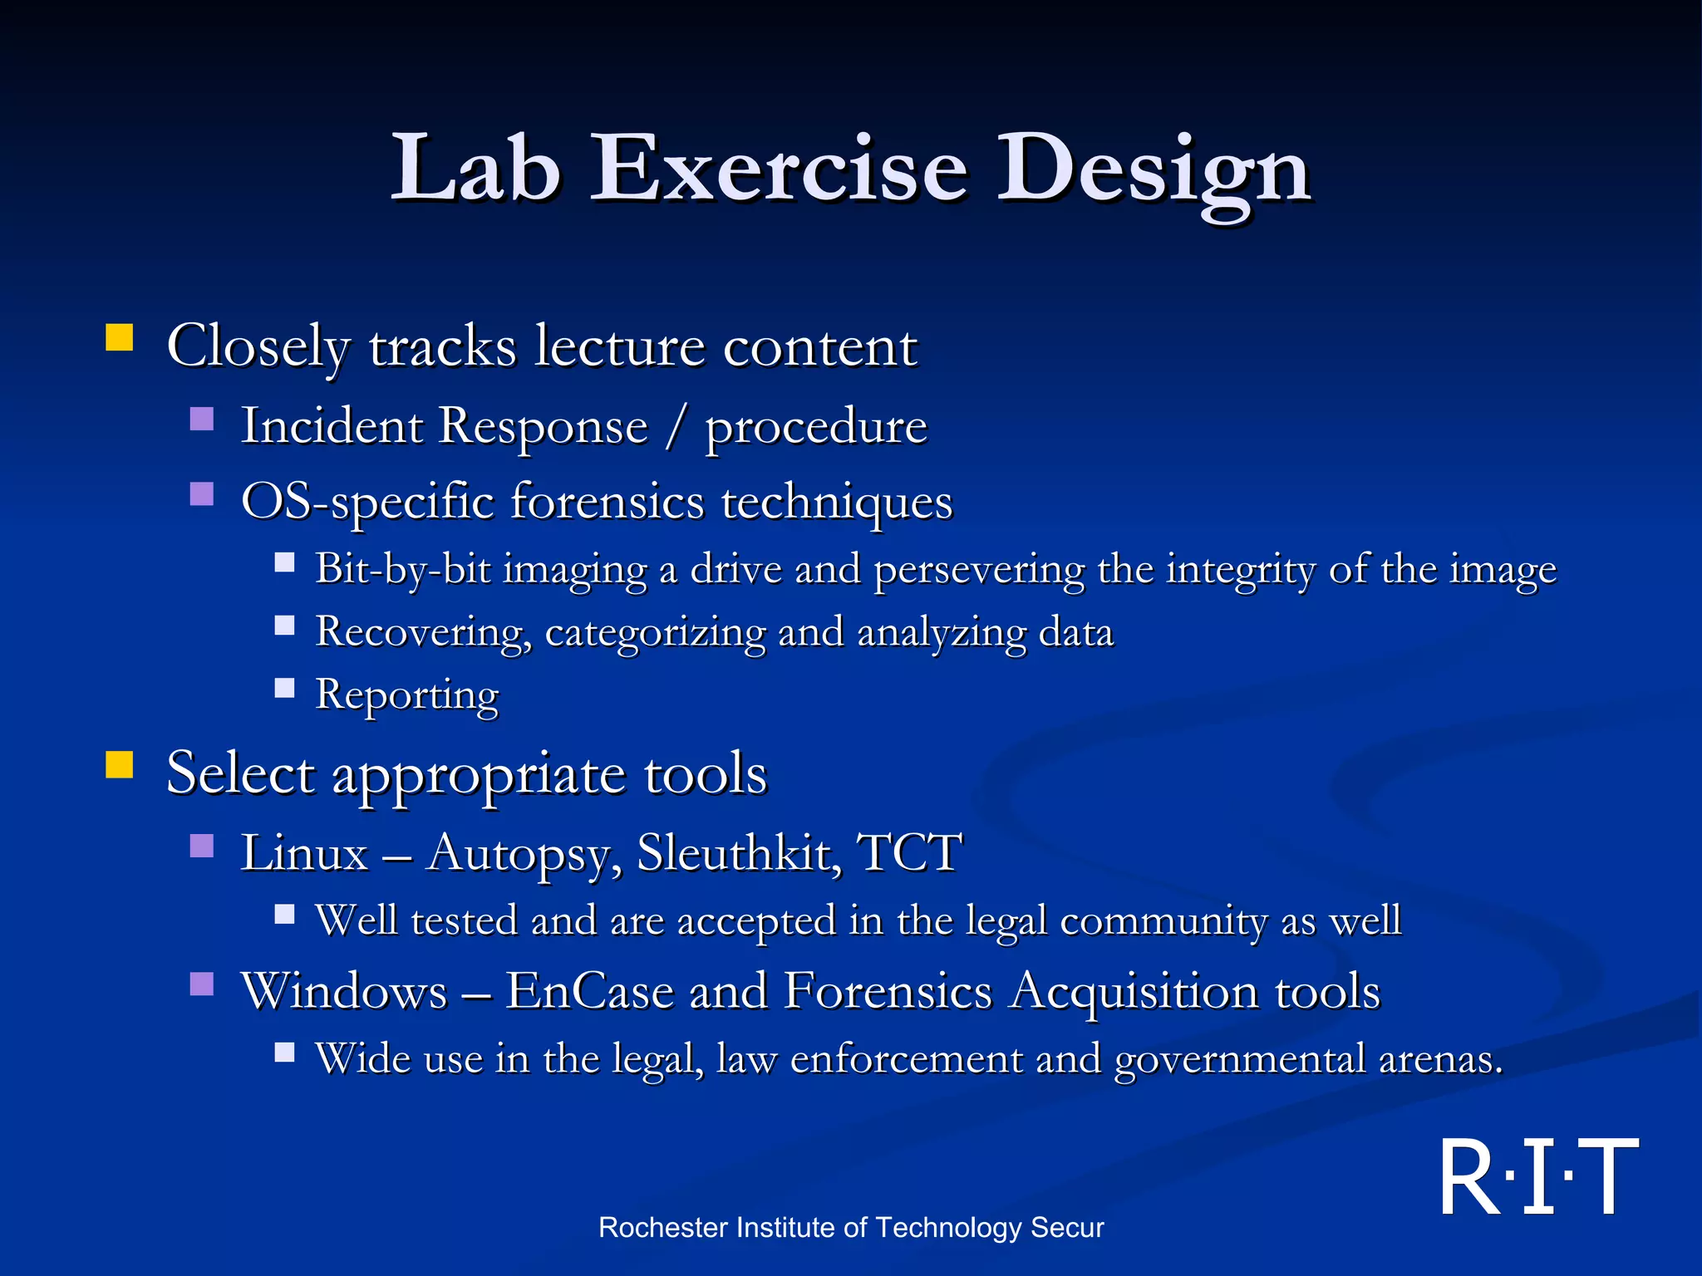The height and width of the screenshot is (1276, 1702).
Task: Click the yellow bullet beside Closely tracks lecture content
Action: point(120,339)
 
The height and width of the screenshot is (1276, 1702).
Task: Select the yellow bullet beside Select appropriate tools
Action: point(120,765)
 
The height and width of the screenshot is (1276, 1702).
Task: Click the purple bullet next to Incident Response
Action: point(202,419)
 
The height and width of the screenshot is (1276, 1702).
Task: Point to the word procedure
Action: point(815,427)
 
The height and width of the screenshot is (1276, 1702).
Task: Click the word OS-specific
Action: point(366,502)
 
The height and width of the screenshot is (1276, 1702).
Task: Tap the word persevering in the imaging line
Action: point(979,571)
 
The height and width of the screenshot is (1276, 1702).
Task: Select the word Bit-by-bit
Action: point(402,571)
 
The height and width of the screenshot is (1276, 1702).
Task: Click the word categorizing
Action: point(655,633)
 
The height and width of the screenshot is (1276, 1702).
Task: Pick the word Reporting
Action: point(407,695)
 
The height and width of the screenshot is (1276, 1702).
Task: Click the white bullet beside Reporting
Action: point(285,688)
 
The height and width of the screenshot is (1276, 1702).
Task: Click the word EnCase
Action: point(589,991)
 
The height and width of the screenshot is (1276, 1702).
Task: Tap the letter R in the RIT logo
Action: point(1469,1177)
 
